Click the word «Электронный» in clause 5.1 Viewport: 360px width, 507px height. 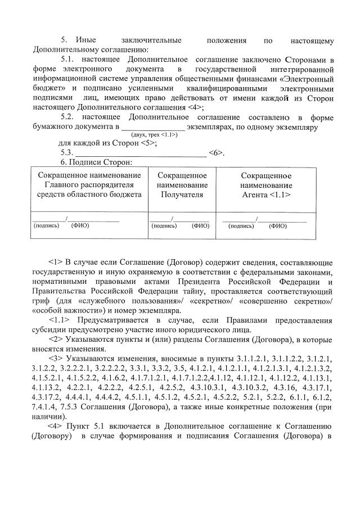click(x=306, y=79)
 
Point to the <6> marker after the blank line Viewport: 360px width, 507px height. click(x=216, y=153)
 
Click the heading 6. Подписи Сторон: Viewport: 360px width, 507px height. click(x=96, y=162)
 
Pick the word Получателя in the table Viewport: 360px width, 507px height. click(x=182, y=194)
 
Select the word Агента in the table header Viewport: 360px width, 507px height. click(x=254, y=194)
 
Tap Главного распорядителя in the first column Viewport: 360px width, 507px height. click(x=89, y=185)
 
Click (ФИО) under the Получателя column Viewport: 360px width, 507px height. click(x=200, y=226)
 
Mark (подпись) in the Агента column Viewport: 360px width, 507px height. click(x=241, y=226)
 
